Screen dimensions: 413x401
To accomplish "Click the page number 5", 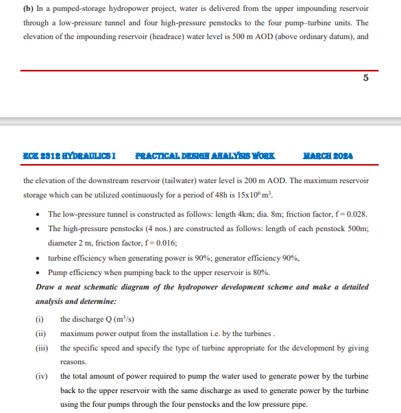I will click(x=365, y=78).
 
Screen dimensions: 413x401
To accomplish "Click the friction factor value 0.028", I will click(x=358, y=213).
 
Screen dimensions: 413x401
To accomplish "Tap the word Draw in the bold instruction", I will click(x=46, y=287).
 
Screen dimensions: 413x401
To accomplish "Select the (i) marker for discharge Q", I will click(x=39, y=319).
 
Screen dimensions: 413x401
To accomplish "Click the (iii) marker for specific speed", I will click(x=41, y=348).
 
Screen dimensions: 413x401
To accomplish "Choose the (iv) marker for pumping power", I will click(x=41, y=377).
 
